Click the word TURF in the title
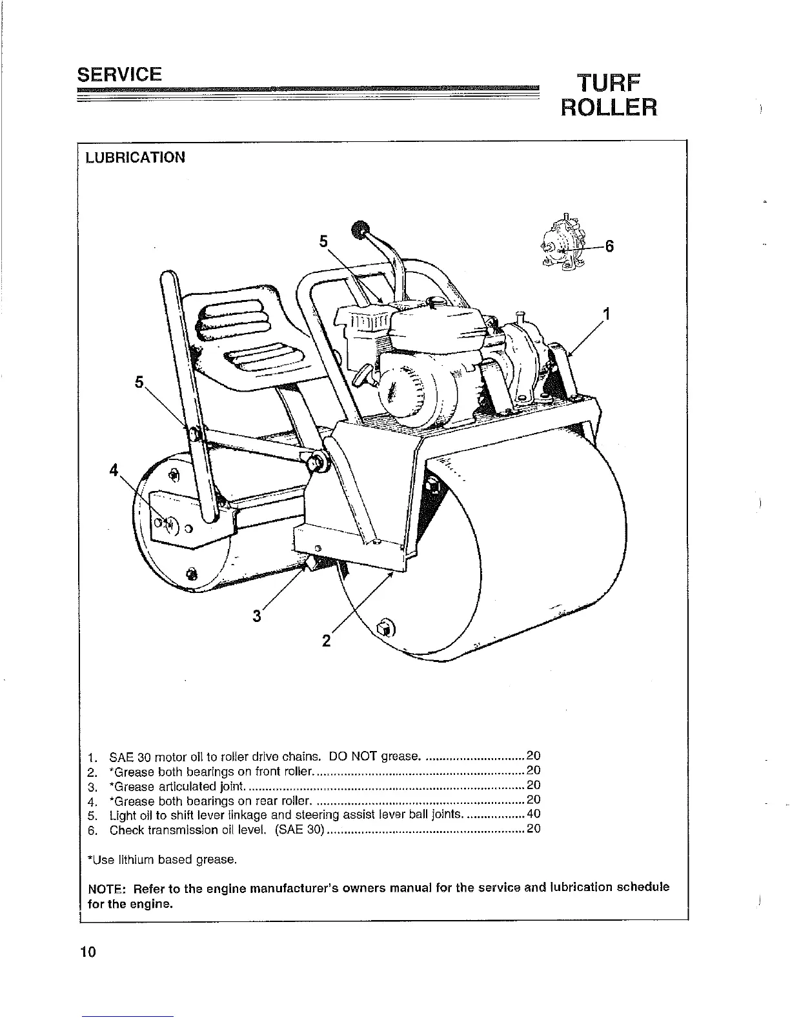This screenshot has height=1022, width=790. coord(609,83)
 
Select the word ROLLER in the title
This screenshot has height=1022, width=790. coord(609,108)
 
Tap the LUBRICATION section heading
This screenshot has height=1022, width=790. coord(136,157)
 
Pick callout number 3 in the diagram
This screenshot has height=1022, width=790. coord(257,616)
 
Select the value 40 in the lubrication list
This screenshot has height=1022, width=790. coord(533,814)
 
